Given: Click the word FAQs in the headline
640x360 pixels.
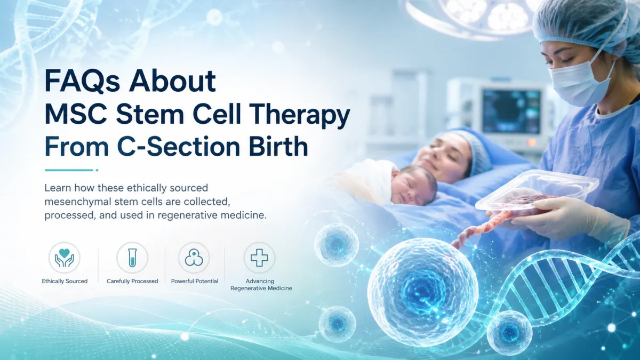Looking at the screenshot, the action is [x=82, y=82].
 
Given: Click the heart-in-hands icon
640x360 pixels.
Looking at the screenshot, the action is [x=65, y=258].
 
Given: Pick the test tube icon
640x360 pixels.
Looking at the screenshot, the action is [x=132, y=258].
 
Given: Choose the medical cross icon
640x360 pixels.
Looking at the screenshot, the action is [x=259, y=258].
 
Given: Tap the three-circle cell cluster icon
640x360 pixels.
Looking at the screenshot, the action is [x=194, y=258].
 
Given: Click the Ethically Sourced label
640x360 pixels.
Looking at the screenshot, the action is [x=65, y=281].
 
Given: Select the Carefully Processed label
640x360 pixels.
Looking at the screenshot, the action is [x=132, y=281].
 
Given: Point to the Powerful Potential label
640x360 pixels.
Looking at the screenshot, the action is [x=195, y=281].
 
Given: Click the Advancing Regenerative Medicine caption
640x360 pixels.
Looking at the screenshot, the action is [x=261, y=285].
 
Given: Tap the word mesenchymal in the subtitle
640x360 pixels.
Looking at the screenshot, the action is [x=78, y=202].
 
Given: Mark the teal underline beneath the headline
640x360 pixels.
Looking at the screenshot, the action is [x=71, y=170].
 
